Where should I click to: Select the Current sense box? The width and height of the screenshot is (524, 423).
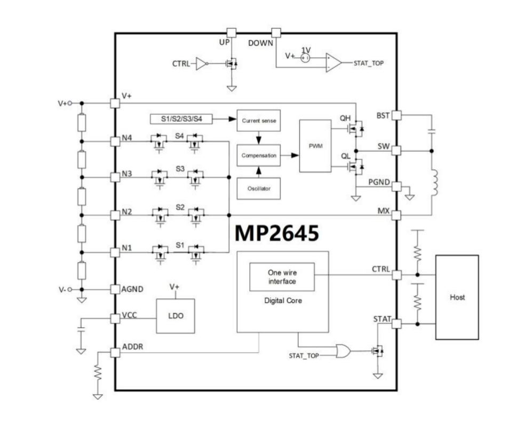258,121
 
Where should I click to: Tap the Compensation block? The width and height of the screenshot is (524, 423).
258,155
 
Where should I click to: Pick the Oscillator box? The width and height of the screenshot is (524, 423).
258,187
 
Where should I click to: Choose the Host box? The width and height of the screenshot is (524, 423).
457,297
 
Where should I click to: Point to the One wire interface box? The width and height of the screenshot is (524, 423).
282,277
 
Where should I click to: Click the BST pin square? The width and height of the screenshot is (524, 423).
396,115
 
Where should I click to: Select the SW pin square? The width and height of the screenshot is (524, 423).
396,151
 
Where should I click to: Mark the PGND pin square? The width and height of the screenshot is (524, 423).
396,186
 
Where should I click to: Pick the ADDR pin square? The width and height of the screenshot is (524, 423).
114,352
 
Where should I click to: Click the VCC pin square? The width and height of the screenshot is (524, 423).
114,318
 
